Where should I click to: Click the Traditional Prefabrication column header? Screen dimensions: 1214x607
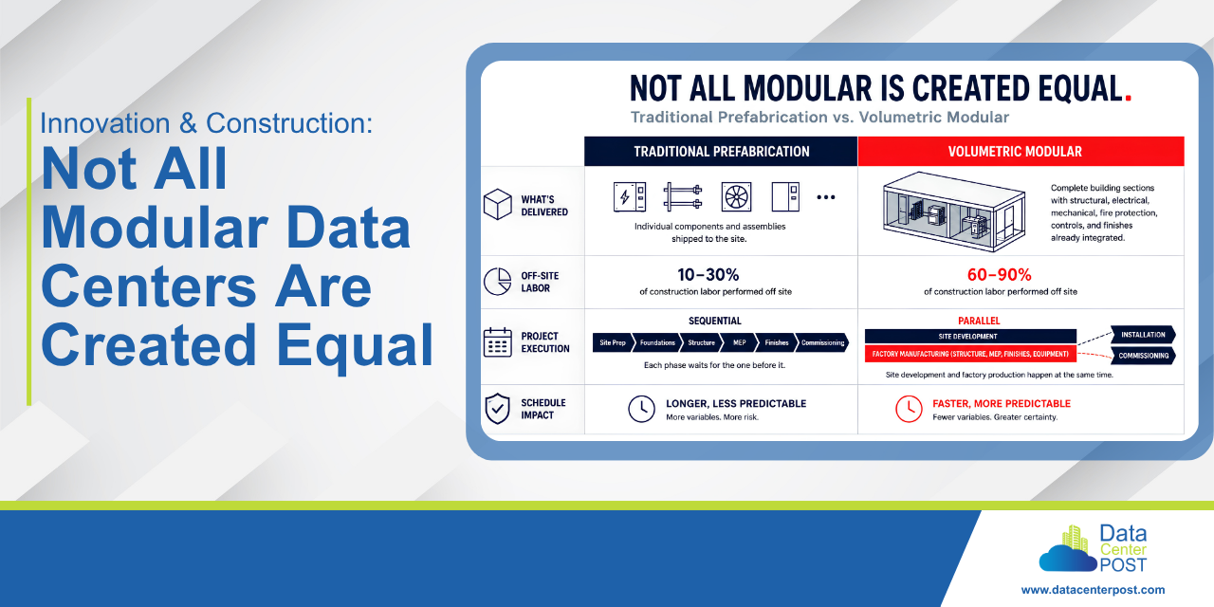pos(721,151)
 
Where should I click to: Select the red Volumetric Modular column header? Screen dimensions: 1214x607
pos(1021,151)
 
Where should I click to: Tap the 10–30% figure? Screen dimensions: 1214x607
pos(708,275)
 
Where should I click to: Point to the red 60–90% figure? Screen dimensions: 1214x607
pos(1000,275)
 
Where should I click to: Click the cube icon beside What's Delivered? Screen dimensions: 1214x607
pos(498,204)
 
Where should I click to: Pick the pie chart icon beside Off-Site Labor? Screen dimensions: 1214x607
pos(498,282)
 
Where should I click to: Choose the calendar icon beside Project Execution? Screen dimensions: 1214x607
pos(498,342)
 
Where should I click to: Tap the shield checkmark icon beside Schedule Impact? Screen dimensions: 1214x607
pos(498,409)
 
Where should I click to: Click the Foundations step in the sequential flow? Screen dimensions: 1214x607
pos(656,342)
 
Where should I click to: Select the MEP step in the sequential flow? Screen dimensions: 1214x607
pos(739,342)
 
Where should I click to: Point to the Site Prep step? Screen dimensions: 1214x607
pos(613,342)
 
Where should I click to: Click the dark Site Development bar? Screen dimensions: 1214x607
pos(970,336)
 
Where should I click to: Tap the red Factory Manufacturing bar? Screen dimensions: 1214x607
pos(970,354)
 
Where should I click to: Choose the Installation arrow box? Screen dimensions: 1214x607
pos(1143,335)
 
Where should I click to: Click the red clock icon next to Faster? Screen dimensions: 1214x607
pos(909,409)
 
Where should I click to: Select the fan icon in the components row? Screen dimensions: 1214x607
pos(737,196)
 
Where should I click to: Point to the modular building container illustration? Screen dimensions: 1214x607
pos(954,212)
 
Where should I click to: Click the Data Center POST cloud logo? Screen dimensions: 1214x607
pos(1093,548)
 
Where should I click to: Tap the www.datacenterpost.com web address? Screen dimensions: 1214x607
pos(1093,590)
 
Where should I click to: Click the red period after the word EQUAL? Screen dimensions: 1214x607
pos(1129,98)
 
